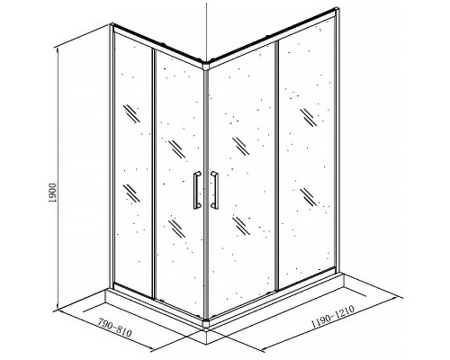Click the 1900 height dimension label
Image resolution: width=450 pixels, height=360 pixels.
[52, 193]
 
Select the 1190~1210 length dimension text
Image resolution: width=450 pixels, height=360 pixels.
[333, 316]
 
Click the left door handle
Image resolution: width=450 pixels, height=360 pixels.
[197, 190]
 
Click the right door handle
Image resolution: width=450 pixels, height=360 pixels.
[215, 190]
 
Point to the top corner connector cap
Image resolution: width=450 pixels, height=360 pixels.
[206, 66]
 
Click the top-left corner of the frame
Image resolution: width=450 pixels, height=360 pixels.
[112, 25]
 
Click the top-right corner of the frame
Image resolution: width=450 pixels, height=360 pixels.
[337, 11]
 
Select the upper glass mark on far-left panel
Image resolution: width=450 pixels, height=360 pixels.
[131, 113]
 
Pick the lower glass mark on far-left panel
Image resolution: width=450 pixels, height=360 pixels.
[131, 193]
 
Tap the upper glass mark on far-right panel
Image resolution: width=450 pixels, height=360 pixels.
[308, 117]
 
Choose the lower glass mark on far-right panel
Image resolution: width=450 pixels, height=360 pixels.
[308, 197]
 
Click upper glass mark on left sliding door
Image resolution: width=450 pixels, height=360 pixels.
[176, 149]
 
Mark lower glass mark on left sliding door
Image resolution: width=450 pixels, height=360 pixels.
[176, 229]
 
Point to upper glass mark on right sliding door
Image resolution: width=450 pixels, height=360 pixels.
[241, 146]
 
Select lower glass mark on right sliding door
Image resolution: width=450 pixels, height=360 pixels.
[241, 226]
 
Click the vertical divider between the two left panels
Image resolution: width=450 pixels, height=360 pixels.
[154, 174]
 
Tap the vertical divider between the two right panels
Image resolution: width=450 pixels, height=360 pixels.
[276, 166]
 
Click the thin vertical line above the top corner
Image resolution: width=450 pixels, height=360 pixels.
[206, 31]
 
